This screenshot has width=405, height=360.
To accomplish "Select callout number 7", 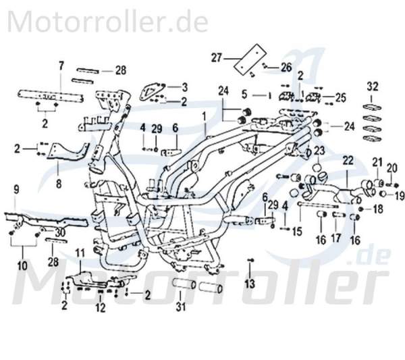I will [61, 66].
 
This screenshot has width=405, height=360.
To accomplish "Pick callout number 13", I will [250, 283].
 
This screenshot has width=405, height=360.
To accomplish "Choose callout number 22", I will [347, 160].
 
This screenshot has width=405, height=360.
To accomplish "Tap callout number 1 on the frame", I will [204, 116].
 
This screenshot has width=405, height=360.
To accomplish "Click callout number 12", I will [99, 309].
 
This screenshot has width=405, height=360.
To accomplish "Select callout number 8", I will [59, 182].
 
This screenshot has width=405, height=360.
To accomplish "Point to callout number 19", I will [399, 196].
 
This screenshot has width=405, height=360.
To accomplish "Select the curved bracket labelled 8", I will [71, 153].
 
